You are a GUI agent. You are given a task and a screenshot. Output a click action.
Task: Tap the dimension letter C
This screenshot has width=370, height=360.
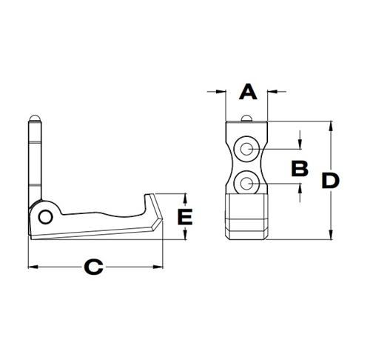point(92,266)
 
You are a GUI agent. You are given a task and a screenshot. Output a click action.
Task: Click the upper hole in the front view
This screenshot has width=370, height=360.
point(246,150)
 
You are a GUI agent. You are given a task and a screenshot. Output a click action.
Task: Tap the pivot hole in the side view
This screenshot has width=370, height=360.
point(46,216)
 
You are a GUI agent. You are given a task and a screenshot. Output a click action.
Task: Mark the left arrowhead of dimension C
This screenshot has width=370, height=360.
point(32,266)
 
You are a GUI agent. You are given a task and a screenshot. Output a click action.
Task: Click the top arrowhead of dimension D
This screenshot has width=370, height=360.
point(331,125)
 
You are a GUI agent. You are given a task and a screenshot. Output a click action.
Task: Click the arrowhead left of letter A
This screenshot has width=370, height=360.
point(222,92)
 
